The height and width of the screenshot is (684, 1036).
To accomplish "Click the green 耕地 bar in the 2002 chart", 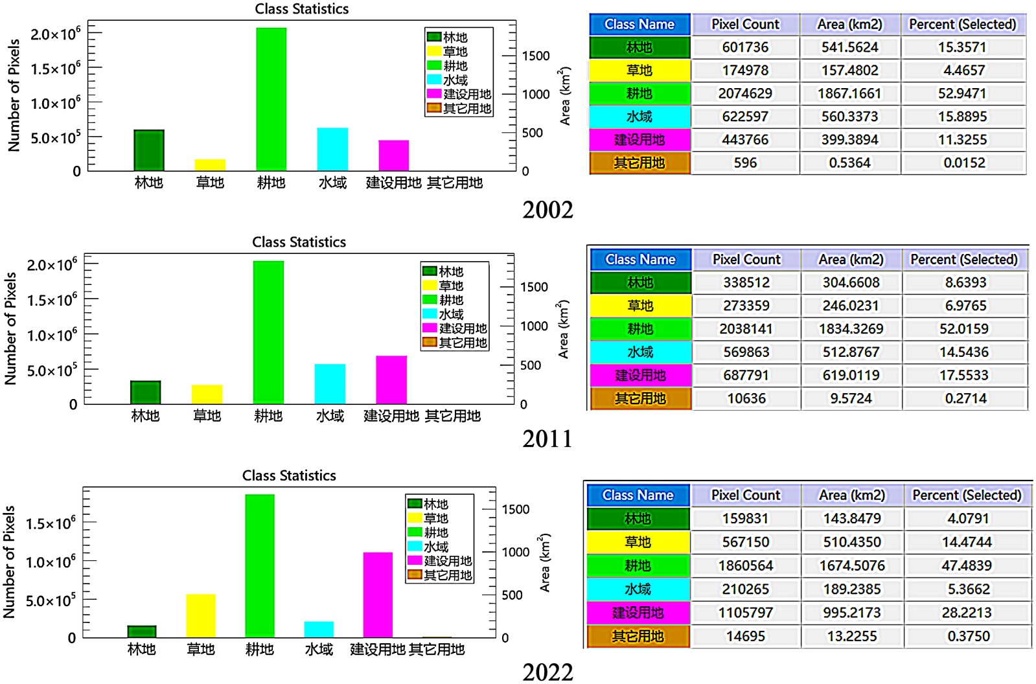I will (x=271, y=99).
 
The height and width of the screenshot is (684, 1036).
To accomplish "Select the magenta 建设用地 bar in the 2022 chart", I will (x=378, y=595).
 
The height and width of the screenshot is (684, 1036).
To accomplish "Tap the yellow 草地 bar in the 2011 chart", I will (x=207, y=394).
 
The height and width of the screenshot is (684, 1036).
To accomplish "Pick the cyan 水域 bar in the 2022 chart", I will (x=319, y=629).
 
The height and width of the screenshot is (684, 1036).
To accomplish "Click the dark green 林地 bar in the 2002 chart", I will (x=148, y=150).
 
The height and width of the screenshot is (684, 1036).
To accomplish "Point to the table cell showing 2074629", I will (x=745, y=93).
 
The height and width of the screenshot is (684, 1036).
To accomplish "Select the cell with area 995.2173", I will (x=852, y=613).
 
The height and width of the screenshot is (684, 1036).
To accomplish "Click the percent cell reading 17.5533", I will (x=964, y=375).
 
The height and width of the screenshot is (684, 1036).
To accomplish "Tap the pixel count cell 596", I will (x=745, y=163).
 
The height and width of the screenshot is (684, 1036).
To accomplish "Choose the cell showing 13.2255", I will (x=852, y=636).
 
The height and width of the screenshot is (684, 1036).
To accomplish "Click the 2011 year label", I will (x=547, y=439).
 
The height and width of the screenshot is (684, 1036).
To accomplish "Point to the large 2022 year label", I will (x=547, y=672).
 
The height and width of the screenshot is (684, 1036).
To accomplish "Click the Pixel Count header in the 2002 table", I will (x=745, y=25).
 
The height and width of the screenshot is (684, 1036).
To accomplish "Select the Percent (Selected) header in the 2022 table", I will (x=967, y=496).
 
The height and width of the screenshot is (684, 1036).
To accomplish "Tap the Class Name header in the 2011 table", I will (x=640, y=260).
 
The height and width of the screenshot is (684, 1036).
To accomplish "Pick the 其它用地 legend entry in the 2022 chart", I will (x=440, y=575).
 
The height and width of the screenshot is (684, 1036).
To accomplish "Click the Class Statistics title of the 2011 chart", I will (x=299, y=242).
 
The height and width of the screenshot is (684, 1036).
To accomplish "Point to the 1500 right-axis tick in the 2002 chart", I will (x=536, y=56).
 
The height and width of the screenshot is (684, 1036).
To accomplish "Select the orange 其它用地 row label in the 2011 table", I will (x=640, y=398).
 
